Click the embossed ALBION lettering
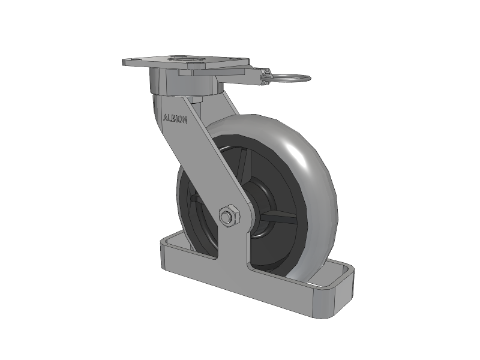pos(175,119)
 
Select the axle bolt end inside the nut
pos(227,215)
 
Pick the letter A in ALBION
pos(166,118)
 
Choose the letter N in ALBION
pos(185,121)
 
